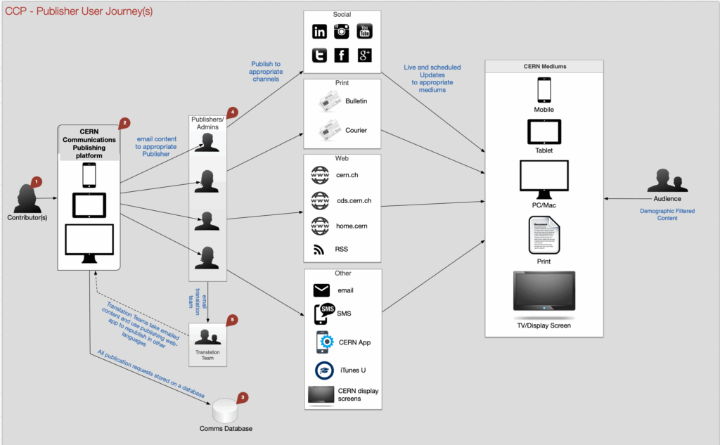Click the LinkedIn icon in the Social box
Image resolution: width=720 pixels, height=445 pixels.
320,31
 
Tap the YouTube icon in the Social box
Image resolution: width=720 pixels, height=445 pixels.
364,31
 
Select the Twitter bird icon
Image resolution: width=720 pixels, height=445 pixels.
320,56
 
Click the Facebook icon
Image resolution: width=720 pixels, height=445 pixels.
342,56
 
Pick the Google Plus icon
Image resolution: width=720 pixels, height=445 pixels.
364,56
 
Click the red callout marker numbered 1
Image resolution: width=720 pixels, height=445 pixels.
37,181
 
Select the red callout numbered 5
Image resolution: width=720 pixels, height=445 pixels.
232,319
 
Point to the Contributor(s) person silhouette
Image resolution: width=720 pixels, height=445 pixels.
26,199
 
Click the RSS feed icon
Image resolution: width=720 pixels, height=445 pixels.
319,249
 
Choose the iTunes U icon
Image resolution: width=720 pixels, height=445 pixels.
323,370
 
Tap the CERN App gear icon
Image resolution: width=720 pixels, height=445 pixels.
323,342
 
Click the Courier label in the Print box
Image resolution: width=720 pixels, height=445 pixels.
355,130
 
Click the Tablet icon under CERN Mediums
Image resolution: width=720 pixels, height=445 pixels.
544,131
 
